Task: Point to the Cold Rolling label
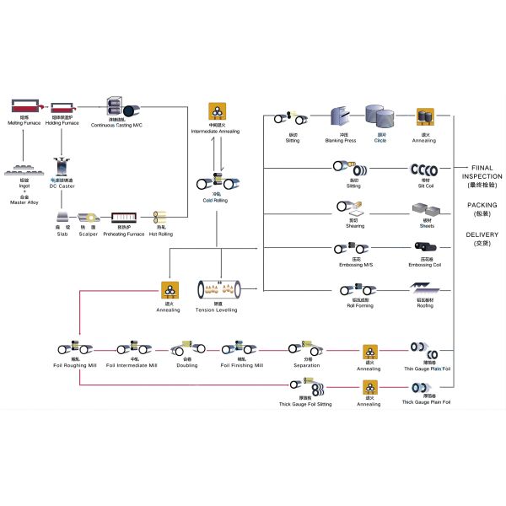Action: click(x=215, y=201)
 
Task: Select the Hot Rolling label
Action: click(x=161, y=234)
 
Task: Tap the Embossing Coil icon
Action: click(x=425, y=249)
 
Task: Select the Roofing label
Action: click(x=425, y=306)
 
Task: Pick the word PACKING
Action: click(x=482, y=205)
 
